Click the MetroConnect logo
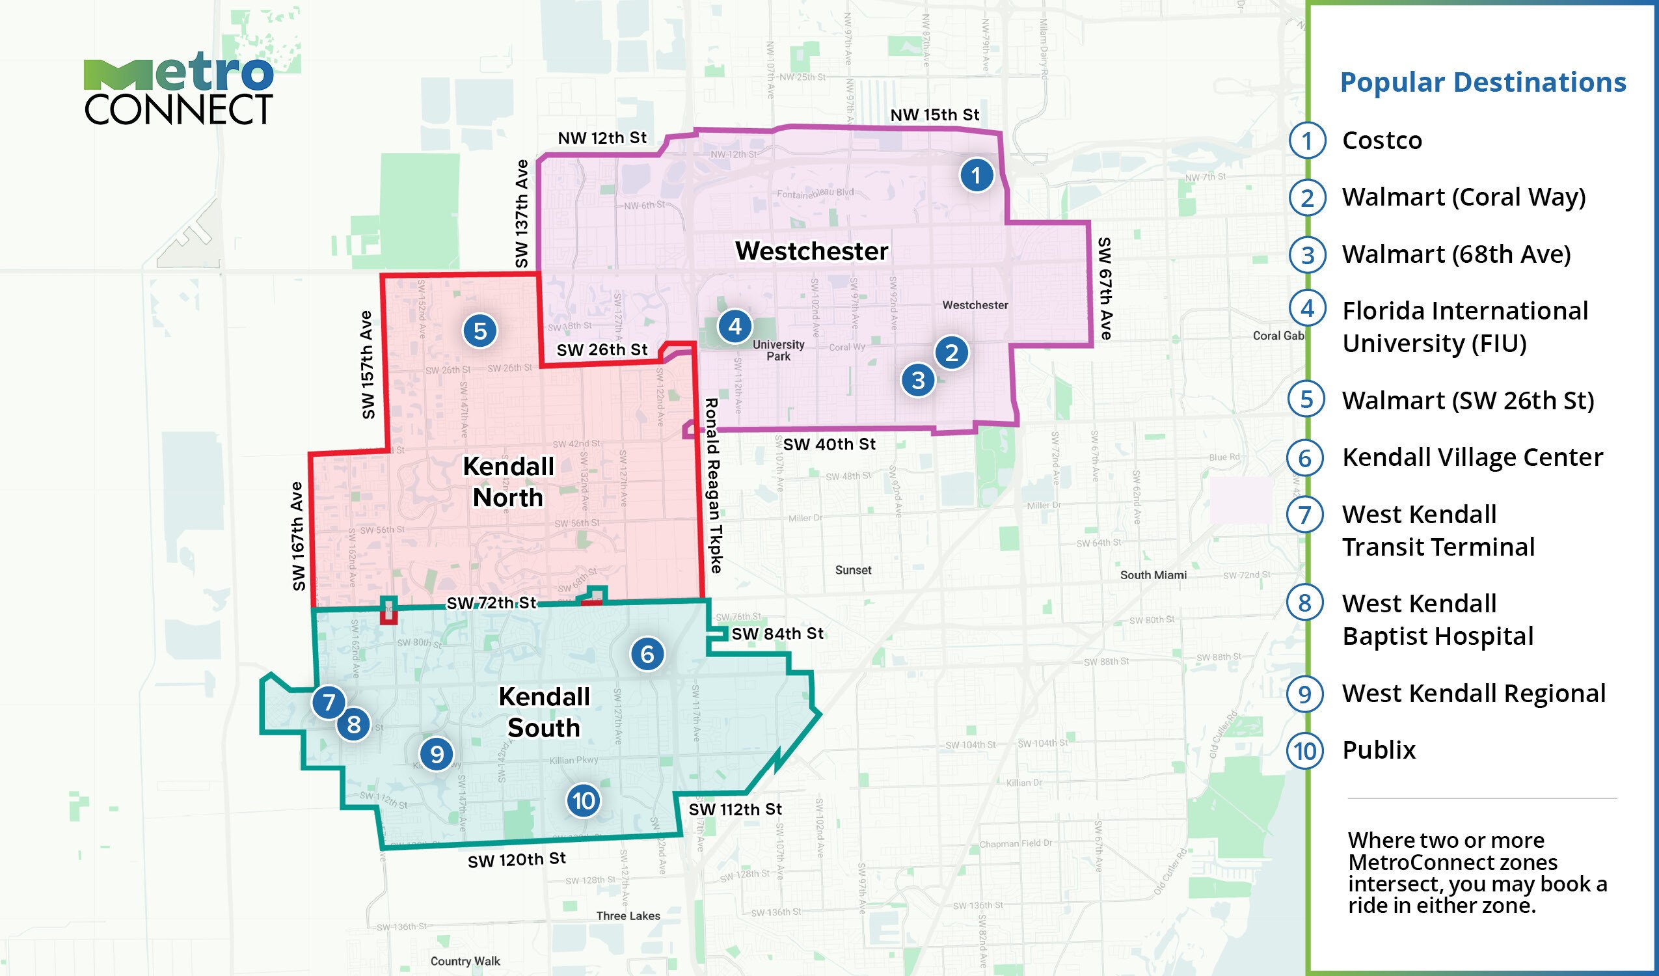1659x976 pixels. point(178,92)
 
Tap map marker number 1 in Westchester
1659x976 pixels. point(976,175)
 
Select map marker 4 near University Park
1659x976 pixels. point(735,326)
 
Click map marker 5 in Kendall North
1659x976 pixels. point(480,331)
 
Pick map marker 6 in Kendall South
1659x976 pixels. point(647,654)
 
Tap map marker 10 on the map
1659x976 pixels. point(583,801)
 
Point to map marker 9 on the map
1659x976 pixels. point(437,753)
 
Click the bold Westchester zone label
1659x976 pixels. point(811,251)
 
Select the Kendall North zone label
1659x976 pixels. point(508,482)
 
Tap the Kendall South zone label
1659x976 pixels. point(544,712)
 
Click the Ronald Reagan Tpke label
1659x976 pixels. point(714,485)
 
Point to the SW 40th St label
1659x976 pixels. point(829,444)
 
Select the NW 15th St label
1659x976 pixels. point(934,115)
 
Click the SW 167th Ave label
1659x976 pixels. point(297,536)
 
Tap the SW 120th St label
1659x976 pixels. point(517,860)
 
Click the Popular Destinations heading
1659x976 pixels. point(1483,83)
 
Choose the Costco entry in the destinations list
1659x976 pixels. point(1382,141)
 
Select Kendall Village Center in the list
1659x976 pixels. point(1472,457)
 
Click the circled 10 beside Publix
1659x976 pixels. point(1306,751)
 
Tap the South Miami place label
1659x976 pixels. point(1153,575)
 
